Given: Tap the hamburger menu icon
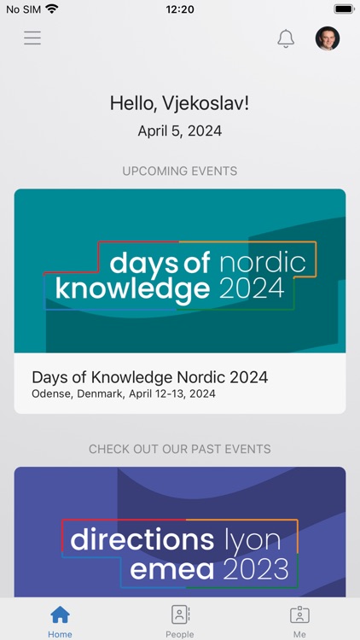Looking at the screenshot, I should pos(32,38).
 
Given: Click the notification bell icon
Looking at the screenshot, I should pos(286,38).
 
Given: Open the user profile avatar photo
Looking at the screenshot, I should pos(328,38).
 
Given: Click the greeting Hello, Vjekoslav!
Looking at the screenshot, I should pos(180,103).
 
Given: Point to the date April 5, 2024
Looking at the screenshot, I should pos(180,131).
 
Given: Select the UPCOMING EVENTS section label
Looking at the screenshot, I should pos(180,171).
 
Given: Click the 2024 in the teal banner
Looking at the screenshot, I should pos(252,288).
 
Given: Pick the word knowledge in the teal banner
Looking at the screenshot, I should pos(132,288).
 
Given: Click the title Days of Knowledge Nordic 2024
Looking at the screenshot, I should pos(150,376).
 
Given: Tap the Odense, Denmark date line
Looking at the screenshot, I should pos(124,394).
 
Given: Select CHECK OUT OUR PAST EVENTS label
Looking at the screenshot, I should pos(180,449).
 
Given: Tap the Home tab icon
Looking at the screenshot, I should pos(60,615).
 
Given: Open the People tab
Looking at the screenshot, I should pos(180,620).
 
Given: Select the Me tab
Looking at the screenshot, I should pos(299,620).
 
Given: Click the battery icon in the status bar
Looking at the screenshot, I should pos(344,9).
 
